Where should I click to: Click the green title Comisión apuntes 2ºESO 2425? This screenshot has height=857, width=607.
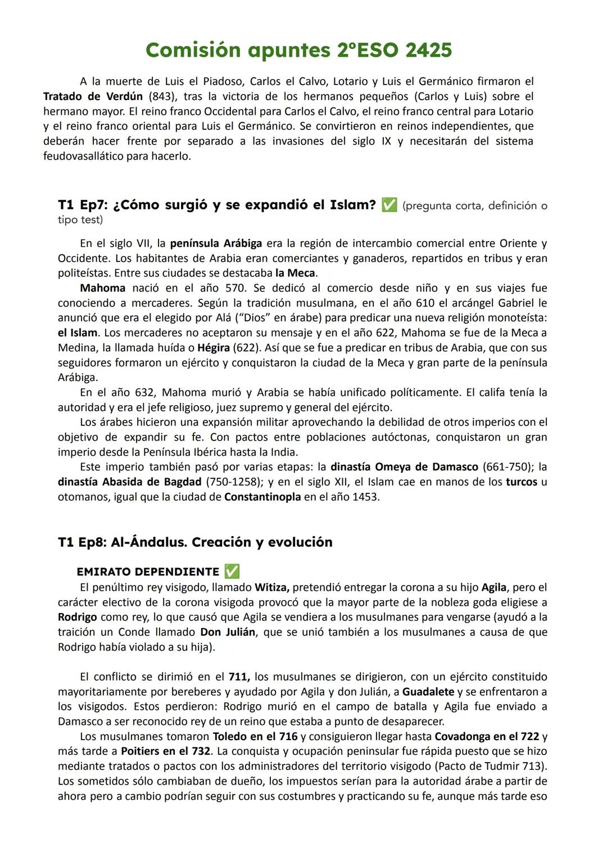pos(298,51)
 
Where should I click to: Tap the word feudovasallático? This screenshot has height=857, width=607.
pos(83,156)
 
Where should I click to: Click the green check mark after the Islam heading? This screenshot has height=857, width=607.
pos(388,205)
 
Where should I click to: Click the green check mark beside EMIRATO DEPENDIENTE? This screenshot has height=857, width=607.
pos(232,572)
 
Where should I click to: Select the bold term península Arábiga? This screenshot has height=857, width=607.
pos(216,243)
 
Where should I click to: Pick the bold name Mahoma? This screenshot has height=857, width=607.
pos(103,288)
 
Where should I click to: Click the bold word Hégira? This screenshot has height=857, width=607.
pos(213,347)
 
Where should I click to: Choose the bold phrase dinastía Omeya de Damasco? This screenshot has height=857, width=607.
pos(404,466)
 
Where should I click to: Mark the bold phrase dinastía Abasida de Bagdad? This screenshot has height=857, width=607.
pos(129,482)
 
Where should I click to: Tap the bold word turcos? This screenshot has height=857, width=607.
pos(521,482)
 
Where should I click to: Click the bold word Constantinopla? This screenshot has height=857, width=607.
pos(262,497)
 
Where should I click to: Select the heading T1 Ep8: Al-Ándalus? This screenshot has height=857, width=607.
pos(195,542)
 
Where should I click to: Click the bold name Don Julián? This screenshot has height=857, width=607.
pos(228,632)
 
